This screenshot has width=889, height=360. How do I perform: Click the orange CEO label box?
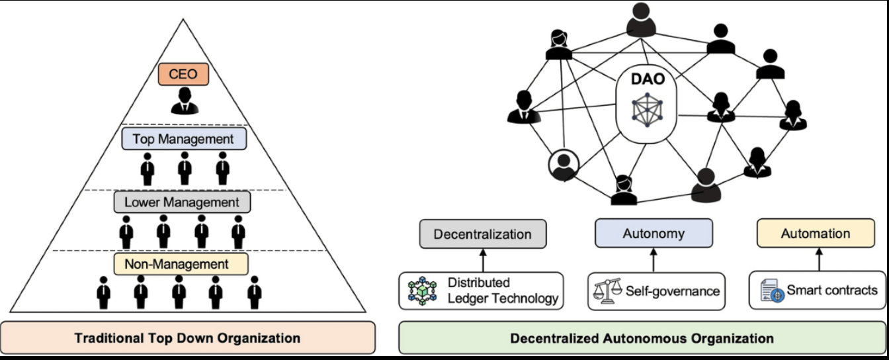coord(183,75)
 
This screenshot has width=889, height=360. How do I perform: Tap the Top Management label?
coord(183,139)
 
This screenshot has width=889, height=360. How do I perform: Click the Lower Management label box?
coord(183,202)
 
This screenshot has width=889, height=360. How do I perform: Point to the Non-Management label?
coord(181,265)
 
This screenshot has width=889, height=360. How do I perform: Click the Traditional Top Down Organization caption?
coord(188,337)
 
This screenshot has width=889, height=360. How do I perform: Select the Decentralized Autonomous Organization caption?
coord(642,338)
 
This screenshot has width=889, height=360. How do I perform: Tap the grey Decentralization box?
coord(483,234)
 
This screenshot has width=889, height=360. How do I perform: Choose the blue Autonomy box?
coord(653,234)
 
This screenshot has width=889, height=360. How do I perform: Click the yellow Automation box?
coord(815,234)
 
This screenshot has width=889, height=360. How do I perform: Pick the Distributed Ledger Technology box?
coord(482,291)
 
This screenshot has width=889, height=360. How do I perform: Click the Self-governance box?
coord(654,291)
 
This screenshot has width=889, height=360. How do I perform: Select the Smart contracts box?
coord(818,291)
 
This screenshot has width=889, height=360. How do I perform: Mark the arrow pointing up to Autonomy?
coord(654,259)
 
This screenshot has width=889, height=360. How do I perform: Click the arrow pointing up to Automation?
coord(817,259)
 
